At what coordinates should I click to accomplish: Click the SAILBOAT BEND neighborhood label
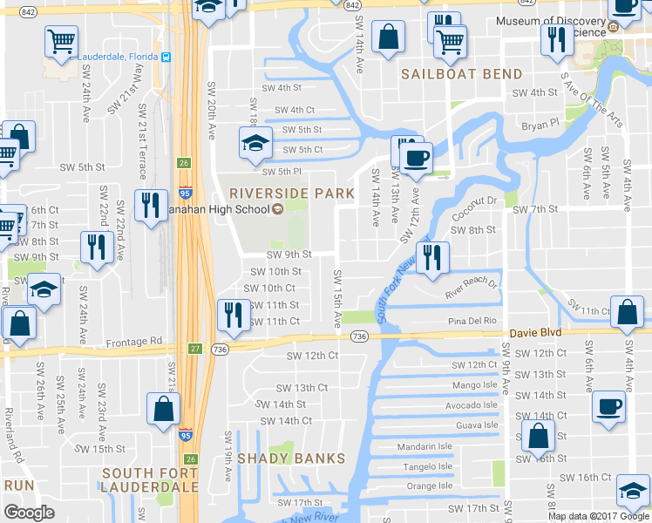point(461,74)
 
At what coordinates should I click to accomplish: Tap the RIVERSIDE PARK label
point(292,193)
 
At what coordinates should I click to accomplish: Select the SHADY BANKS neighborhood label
point(291,458)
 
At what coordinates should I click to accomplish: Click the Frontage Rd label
point(138,341)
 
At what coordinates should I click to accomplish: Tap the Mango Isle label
point(474,384)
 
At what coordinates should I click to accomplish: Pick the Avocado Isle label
point(471,404)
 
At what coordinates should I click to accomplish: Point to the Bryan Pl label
point(540,126)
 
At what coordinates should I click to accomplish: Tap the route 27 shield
point(194,349)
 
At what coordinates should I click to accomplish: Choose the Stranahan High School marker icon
point(277,209)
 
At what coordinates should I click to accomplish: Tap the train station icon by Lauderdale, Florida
point(166,57)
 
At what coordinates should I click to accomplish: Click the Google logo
point(30,513)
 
